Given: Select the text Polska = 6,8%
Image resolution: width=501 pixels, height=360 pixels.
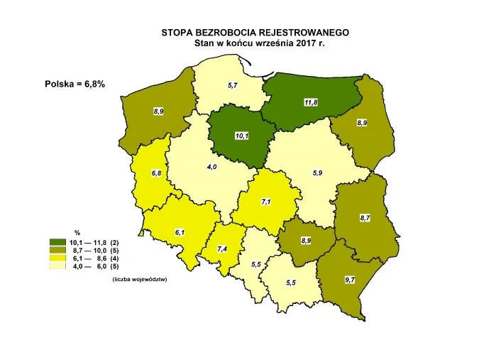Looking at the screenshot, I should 75,84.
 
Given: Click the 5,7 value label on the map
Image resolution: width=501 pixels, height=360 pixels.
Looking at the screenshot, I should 232,85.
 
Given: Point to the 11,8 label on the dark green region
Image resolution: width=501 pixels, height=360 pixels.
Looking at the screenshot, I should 310,103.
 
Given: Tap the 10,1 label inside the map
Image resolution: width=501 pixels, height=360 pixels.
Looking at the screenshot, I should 242,136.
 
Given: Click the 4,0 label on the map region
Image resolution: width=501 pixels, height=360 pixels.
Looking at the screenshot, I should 211,166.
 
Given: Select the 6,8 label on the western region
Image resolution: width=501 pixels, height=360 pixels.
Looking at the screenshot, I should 157,173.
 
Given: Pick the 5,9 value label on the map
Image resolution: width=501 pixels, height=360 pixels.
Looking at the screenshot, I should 317,173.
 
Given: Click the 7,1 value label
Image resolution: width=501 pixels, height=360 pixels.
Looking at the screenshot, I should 266,202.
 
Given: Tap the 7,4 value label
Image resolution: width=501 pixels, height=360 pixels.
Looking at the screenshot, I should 222,249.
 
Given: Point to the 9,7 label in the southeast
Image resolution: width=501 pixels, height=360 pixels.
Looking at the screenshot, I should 350,280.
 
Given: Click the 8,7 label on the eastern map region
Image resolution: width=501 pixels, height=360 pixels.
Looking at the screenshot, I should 365,217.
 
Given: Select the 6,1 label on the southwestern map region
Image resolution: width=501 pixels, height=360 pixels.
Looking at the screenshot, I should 180,232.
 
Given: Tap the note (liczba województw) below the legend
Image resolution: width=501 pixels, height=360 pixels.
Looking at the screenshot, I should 139,279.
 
